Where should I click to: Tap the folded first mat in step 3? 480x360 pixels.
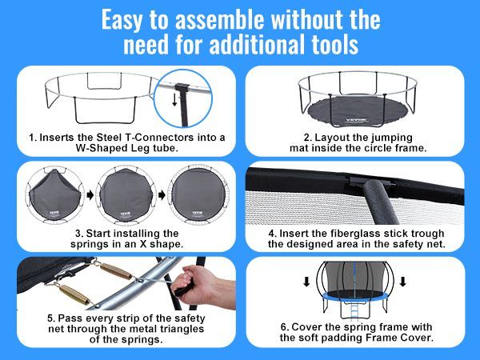pyautogui.click(x=47, y=197)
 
